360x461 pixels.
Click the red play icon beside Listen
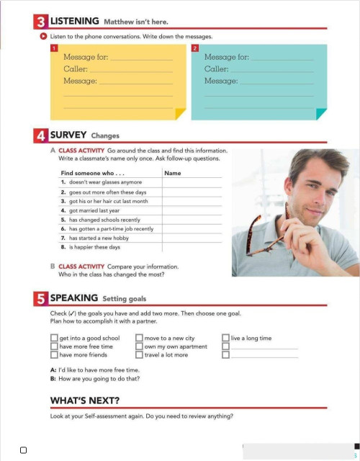point(44,35)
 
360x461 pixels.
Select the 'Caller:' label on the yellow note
point(76,68)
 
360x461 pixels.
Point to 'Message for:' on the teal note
point(227,56)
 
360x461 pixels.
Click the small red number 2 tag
point(195,48)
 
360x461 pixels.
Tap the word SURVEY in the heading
point(68,135)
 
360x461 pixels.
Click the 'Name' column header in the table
point(173,173)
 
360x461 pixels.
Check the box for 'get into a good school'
point(54,338)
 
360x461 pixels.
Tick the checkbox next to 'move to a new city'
point(140,338)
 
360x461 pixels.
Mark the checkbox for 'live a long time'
point(226,338)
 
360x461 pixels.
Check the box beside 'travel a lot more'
point(140,354)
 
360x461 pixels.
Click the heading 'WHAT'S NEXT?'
point(85,400)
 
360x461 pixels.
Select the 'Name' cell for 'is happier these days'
point(192,247)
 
